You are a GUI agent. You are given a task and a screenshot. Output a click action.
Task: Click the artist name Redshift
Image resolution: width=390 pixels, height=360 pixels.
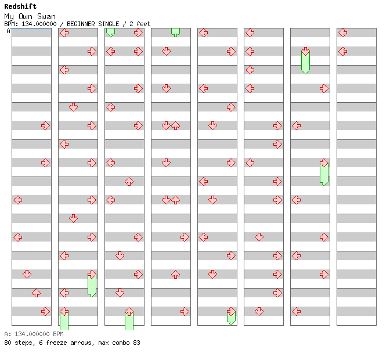tap(20, 6)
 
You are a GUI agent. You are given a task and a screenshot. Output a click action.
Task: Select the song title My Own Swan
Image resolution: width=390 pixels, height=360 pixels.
tap(30, 16)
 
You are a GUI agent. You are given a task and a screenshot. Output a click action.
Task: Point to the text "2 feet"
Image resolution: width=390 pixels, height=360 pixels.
tap(139, 24)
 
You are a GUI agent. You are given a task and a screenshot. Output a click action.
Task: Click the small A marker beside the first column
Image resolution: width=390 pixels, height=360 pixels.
tap(8, 31)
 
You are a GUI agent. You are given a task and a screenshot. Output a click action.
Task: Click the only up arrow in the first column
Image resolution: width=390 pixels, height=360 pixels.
tap(36, 293)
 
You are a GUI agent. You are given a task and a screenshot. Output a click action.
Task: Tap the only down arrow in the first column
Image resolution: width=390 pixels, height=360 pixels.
tap(27, 274)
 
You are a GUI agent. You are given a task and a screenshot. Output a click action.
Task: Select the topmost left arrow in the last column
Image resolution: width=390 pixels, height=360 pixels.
tap(342, 33)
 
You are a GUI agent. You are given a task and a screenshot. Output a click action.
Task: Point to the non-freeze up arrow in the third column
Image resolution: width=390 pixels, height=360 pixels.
tap(129, 181)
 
